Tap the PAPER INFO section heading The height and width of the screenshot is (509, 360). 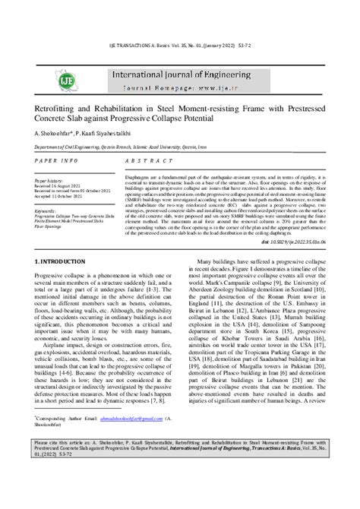tap(56, 162)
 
